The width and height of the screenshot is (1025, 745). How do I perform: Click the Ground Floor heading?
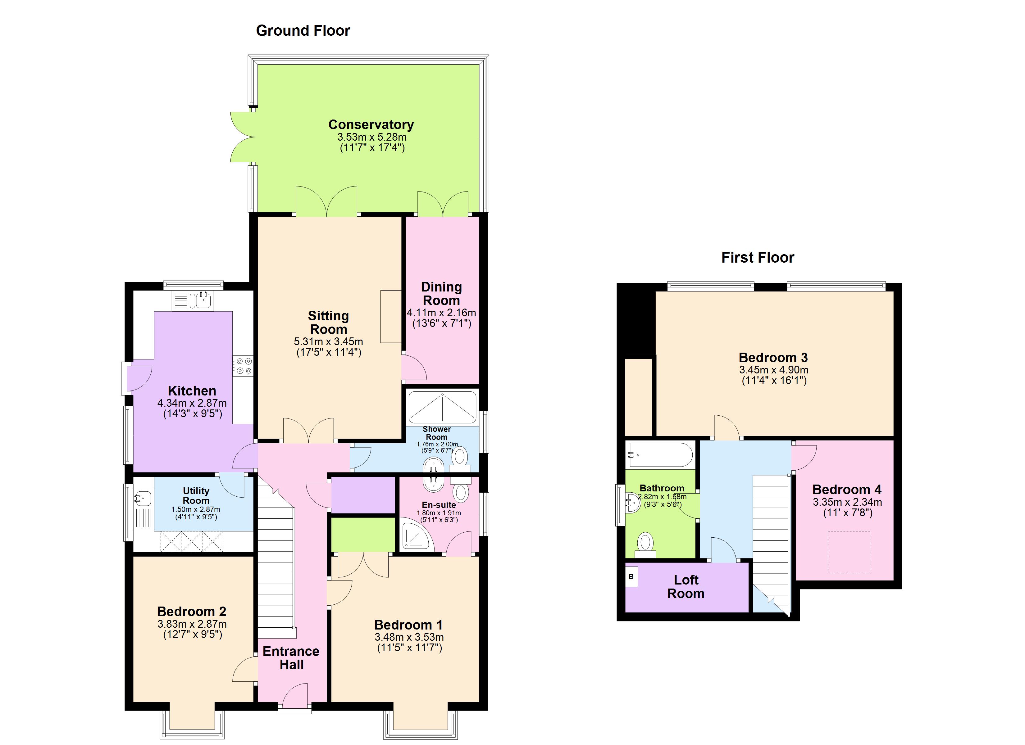(x=303, y=31)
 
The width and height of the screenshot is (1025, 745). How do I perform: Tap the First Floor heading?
(x=758, y=258)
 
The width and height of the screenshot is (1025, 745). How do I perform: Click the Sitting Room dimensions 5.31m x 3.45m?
(x=329, y=341)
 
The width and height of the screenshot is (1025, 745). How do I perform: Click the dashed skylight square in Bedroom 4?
(x=848, y=552)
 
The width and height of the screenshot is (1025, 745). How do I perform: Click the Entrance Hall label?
(x=291, y=658)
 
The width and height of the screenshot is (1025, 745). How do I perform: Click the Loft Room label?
(x=686, y=586)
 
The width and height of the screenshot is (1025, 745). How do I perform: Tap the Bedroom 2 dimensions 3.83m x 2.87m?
(x=192, y=624)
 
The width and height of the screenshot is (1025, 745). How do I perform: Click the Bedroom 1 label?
(x=408, y=625)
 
